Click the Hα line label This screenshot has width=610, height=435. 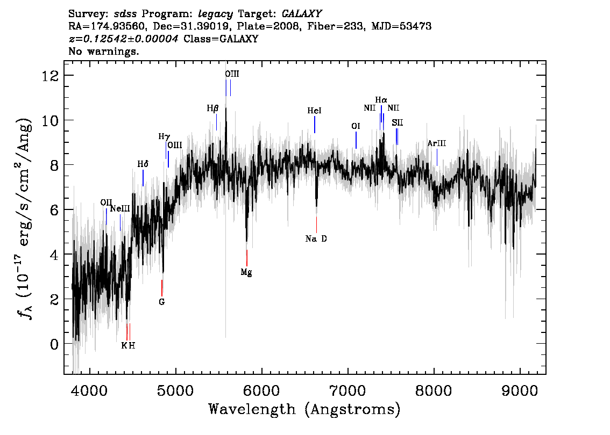pyautogui.click(x=381, y=100)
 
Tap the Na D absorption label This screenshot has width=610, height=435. pyautogui.click(x=316, y=239)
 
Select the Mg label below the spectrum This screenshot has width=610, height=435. pyautogui.click(x=246, y=272)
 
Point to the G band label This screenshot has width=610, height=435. pyautogui.click(x=162, y=302)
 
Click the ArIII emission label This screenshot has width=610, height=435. pyautogui.click(x=436, y=144)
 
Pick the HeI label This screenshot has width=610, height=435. pyautogui.click(x=314, y=111)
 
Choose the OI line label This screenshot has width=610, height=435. pyautogui.click(x=356, y=126)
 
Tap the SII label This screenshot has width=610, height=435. pyautogui.click(x=397, y=123)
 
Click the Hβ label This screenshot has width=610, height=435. pyautogui.click(x=212, y=108)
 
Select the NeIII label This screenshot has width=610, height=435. pyautogui.click(x=120, y=209)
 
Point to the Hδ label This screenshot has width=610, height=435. pyautogui.click(x=143, y=164)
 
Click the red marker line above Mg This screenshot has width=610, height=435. pyautogui.click(x=247, y=258)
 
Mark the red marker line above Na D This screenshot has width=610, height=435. pyautogui.click(x=316, y=224)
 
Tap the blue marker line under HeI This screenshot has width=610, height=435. pyautogui.click(x=314, y=125)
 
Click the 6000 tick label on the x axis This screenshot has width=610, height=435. pyautogui.click(x=262, y=390)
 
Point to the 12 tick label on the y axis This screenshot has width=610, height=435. pyautogui.click(x=51, y=75)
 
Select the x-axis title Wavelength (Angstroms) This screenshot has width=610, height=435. pyautogui.click(x=304, y=409)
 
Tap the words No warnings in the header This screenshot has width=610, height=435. pyautogui.click(x=103, y=51)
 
